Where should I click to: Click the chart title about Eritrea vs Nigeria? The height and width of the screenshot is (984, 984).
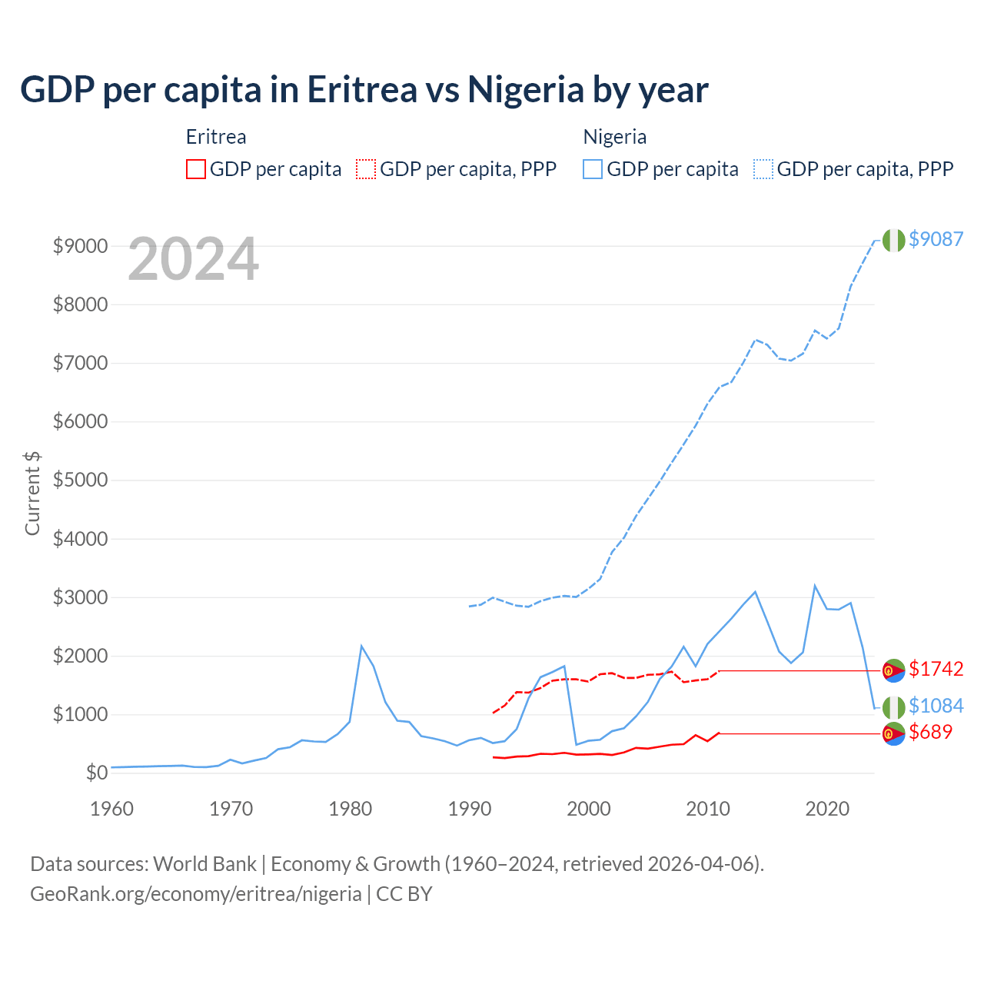coord(364,90)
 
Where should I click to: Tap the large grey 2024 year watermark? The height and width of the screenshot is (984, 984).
coord(193,259)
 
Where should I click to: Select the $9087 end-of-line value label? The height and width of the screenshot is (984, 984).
coord(936,239)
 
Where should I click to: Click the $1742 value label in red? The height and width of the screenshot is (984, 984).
coord(936,669)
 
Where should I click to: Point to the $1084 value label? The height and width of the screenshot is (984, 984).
coord(936,706)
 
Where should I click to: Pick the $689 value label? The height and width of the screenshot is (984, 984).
coord(930,732)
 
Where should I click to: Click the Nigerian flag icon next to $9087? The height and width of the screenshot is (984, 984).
coord(893,240)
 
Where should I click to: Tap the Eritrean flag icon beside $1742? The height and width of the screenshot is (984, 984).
coord(893,670)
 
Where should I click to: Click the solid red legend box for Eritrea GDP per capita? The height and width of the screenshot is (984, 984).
coord(196,169)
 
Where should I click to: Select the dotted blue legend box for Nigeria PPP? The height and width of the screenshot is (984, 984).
coord(763,169)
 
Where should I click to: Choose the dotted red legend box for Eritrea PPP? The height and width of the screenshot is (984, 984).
coord(366,169)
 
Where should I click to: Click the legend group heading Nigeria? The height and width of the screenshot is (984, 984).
coord(614,137)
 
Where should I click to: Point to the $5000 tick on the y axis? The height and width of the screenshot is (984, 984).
coord(80,480)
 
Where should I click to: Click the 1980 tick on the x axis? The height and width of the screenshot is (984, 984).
coord(351,809)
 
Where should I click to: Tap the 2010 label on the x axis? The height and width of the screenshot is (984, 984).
coord(707,809)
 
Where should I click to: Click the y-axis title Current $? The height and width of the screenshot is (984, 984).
coord(32,493)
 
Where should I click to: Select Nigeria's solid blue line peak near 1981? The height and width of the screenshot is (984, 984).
coord(361,646)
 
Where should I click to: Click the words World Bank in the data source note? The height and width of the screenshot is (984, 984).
coord(204,864)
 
